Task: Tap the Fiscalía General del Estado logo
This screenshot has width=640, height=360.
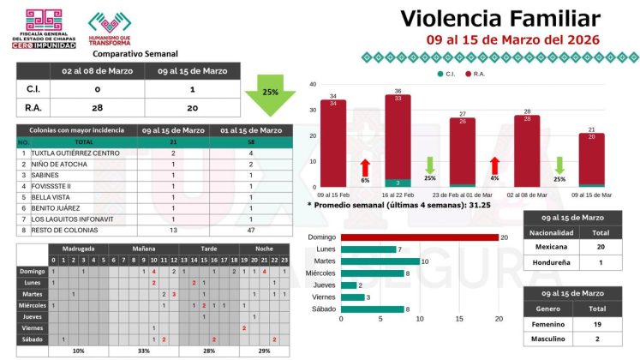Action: click(42, 28)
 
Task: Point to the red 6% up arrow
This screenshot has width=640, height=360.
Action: click(365, 167)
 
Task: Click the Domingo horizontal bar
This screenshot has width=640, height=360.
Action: click(419, 237)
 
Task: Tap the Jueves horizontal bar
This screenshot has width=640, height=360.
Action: click(349, 285)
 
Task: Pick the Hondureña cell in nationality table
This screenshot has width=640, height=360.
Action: click(553, 261)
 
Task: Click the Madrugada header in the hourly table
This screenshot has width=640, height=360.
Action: click(78, 249)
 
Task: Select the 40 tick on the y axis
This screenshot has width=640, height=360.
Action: click(313, 84)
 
